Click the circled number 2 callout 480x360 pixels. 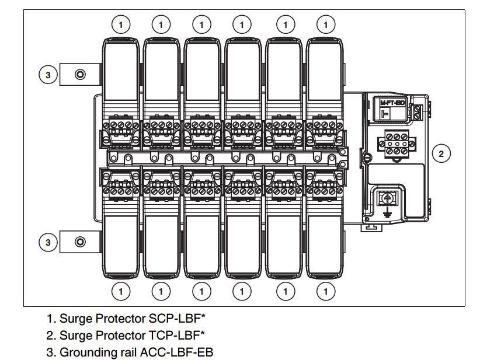[x=441, y=153]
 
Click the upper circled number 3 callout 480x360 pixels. [x=49, y=75]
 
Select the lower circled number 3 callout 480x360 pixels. [x=49, y=242]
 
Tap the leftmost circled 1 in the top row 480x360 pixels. [x=121, y=24]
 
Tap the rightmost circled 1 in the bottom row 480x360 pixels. [x=326, y=290]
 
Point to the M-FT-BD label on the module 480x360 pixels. [x=392, y=102]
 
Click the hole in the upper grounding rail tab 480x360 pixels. [x=80, y=75]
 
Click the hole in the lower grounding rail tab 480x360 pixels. [x=80, y=242]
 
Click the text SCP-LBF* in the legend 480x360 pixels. [x=177, y=319]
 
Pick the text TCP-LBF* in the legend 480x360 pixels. [x=177, y=335]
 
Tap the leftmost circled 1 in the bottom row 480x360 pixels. [x=121, y=290]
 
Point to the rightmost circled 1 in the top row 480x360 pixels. [x=326, y=24]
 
